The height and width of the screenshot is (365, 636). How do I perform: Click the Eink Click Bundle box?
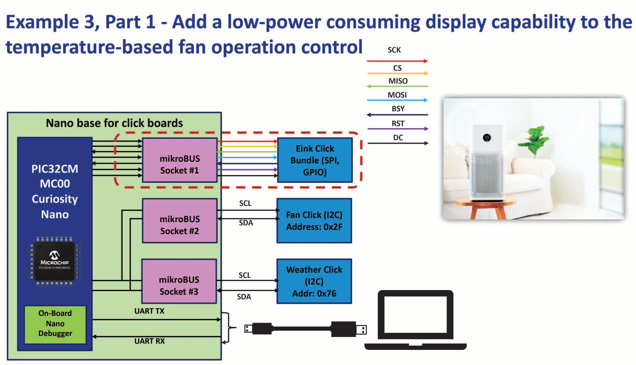point(315,160)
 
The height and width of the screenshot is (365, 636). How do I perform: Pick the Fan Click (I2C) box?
point(314,221)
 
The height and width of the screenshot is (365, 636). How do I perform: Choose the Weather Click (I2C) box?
point(314,281)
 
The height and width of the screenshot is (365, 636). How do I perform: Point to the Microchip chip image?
point(54,261)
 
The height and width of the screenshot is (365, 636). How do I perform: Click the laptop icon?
point(415,320)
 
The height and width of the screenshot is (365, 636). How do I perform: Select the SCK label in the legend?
point(394,50)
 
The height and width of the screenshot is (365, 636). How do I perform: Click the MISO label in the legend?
point(398,81)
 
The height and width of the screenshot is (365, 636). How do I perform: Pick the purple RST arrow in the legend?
point(398,129)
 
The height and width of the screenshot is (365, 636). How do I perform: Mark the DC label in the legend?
point(398,138)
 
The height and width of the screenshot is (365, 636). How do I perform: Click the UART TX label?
point(149,311)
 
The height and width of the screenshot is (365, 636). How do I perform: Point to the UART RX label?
point(150,341)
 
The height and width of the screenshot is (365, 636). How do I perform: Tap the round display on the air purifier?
point(487,138)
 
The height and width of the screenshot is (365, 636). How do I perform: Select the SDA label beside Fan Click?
point(246,223)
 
